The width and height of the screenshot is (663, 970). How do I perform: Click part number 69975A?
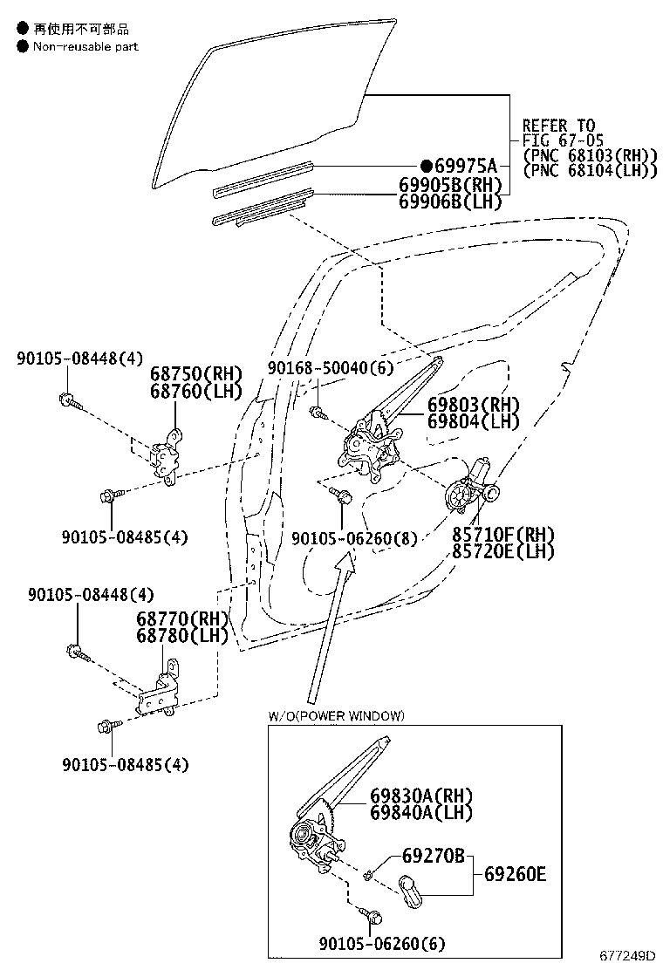pos(465,167)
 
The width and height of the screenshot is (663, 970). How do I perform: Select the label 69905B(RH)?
pos(451,185)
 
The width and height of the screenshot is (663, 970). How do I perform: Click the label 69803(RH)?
pos(473,406)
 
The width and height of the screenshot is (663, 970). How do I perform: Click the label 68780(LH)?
pos(181,635)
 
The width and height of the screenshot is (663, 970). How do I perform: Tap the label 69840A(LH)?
pos(420,812)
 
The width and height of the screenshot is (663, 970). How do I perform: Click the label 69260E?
pos(516,873)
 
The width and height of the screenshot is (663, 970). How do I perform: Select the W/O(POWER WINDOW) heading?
pos(336,716)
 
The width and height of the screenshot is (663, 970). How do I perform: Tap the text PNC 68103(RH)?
pos(589,155)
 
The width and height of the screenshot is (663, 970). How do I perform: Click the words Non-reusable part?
pos(85,46)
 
